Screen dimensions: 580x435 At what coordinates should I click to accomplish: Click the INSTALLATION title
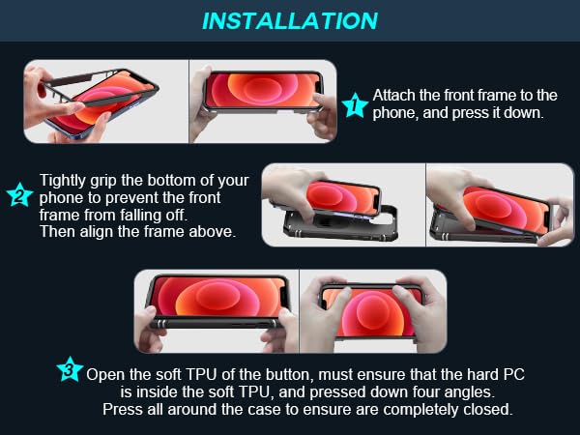(290, 20)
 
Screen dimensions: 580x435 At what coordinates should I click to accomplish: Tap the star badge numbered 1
(355, 105)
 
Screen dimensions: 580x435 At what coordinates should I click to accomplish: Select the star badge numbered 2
(20, 194)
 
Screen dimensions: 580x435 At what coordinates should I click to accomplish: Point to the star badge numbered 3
(70, 369)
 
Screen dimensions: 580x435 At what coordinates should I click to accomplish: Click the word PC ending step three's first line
(514, 375)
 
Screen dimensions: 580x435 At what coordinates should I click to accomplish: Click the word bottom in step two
(172, 181)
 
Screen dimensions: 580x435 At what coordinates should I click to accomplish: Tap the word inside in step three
(153, 392)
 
